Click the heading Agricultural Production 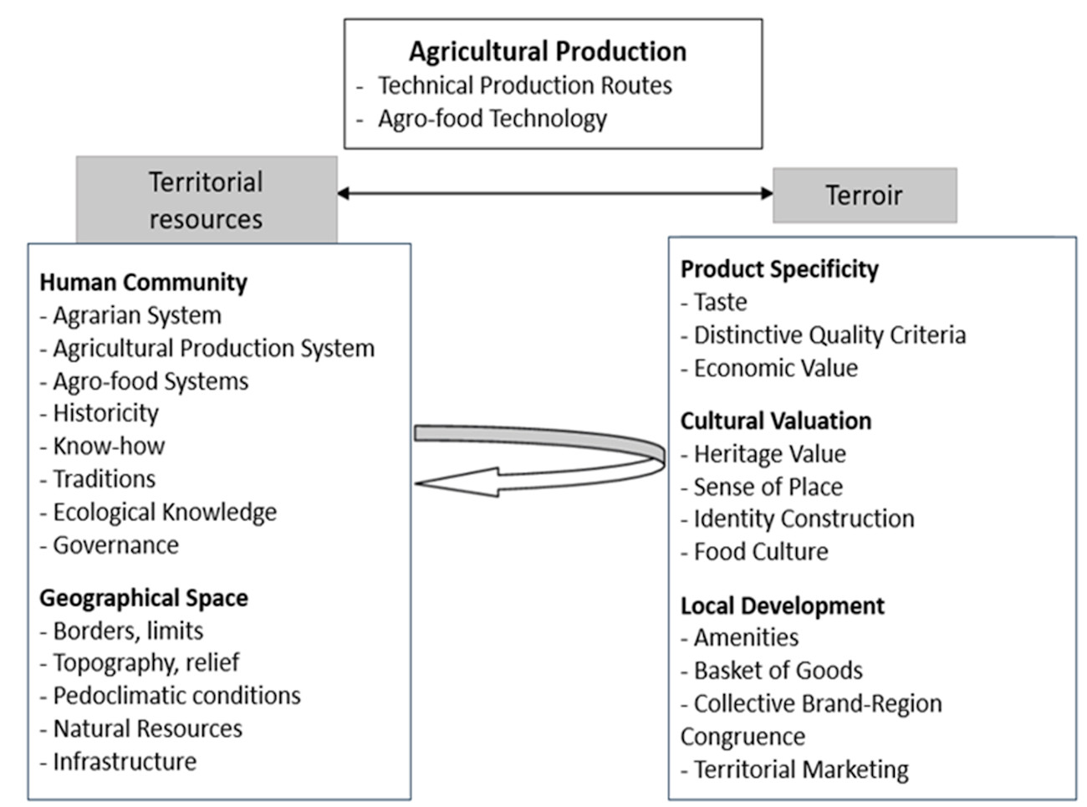pos(548,52)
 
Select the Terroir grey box pos(865,195)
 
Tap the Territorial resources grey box pos(207,200)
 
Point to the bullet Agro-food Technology pos(492,119)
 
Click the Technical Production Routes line pos(524,85)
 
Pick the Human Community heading pos(143,283)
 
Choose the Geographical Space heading pos(144,598)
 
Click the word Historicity pos(106,413)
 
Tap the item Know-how pos(109,446)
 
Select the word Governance pos(116,544)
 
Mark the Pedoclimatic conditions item pos(177,695)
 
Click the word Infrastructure pos(125,761)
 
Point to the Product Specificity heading pos(779,269)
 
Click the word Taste pos(721,302)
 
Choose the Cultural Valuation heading pos(776,421)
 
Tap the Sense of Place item pos(768,487)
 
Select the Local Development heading pos(782,605)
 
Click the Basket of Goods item pos(778,670)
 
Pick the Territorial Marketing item pos(801,769)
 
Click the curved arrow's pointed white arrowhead pos(458,483)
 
